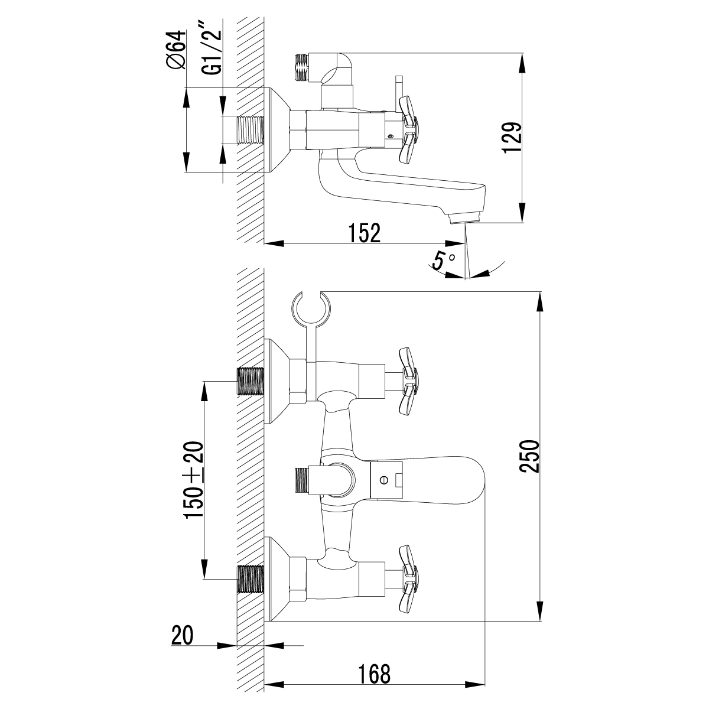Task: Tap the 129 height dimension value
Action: (x=512, y=138)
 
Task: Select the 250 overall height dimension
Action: (x=529, y=456)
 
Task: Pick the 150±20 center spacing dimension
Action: (x=194, y=480)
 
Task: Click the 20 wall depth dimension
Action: (x=183, y=636)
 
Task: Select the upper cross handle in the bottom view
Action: (x=409, y=381)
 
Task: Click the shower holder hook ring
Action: (x=313, y=307)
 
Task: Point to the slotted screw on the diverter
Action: (x=384, y=480)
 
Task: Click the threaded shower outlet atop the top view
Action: (x=302, y=67)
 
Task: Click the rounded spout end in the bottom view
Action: (x=473, y=480)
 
